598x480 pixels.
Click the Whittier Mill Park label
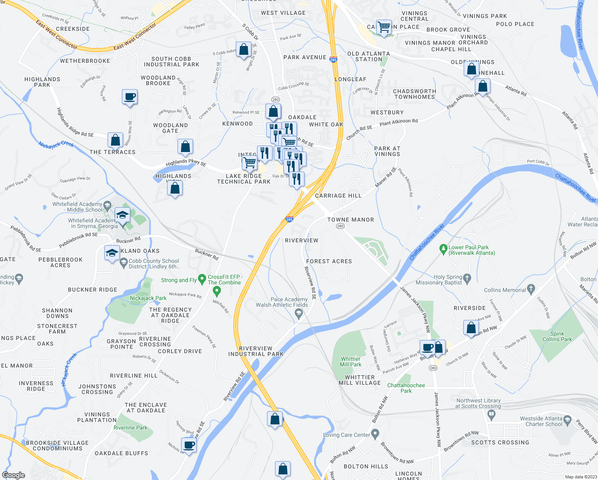pyautogui.click(x=351, y=362)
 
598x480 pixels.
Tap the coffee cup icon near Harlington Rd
pyautogui.click(x=130, y=97)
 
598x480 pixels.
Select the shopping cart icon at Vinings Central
pyautogui.click(x=384, y=28)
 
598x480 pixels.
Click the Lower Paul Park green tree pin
pyautogui.click(x=443, y=250)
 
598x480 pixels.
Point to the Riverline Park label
pyautogui.click(x=130, y=428)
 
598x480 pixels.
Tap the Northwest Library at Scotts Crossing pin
pyautogui.click(x=492, y=416)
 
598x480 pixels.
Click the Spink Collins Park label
pyautogui.click(x=557, y=336)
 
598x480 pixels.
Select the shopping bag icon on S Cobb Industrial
pyautogui.click(x=243, y=50)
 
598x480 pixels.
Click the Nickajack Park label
pyautogui.click(x=148, y=298)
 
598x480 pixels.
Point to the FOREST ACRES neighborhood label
pyautogui.click(x=329, y=261)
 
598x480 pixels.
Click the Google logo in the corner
pyautogui.click(x=13, y=475)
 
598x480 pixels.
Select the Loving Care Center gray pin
pyautogui.click(x=375, y=434)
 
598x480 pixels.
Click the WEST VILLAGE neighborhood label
pyautogui.click(x=283, y=13)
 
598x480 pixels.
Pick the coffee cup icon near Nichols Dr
pyautogui.click(x=189, y=445)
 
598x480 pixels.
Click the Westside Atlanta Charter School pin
pyautogui.click(x=568, y=420)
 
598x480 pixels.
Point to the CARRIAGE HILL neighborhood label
pyautogui.click(x=338, y=196)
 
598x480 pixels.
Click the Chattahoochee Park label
pyautogui.click(x=406, y=388)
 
